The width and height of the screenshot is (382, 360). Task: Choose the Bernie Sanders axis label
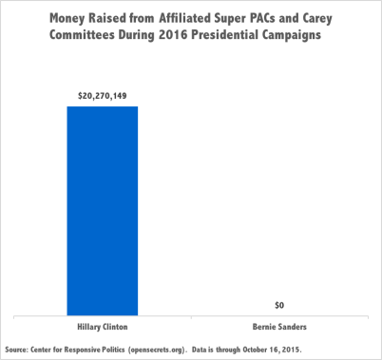[x=279, y=326]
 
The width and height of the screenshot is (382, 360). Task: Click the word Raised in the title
[x=120, y=19]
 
